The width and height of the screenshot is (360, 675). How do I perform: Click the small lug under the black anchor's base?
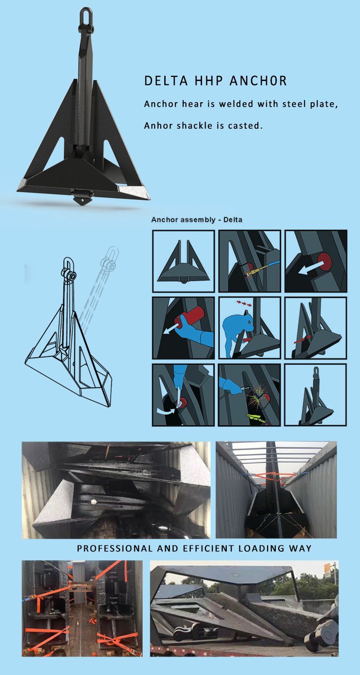pyautogui.click(x=82, y=199)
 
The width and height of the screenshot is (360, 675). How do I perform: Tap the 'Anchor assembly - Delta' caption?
pyautogui.click(x=197, y=220)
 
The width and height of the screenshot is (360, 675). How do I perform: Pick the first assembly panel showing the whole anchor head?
pyautogui.click(x=183, y=261)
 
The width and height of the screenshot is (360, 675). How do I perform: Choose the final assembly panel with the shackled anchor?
pyautogui.click(x=316, y=395)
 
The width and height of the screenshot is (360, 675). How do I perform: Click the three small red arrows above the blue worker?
pyautogui.click(x=245, y=304)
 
